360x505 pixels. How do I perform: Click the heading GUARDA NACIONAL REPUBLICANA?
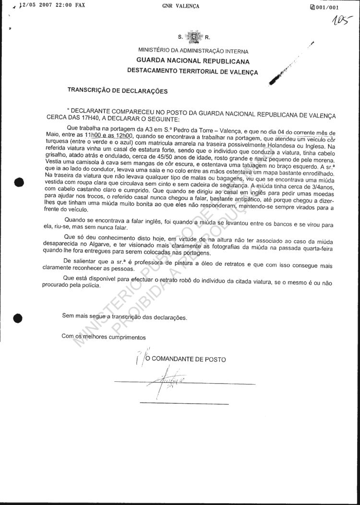(193, 61)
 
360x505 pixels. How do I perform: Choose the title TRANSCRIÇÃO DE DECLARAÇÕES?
(118, 90)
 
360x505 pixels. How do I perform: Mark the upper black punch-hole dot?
(19, 182)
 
